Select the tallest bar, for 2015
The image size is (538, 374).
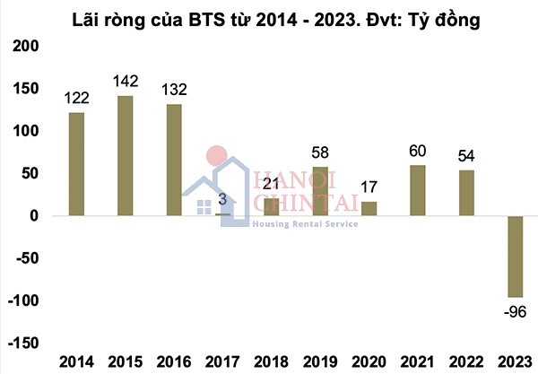point(126,155)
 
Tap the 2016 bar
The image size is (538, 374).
point(174,160)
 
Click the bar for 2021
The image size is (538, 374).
point(417,190)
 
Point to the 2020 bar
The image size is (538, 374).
point(369,208)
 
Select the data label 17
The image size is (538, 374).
point(368,188)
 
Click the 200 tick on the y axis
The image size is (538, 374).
point(28,46)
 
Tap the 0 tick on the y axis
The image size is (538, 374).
point(34,216)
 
